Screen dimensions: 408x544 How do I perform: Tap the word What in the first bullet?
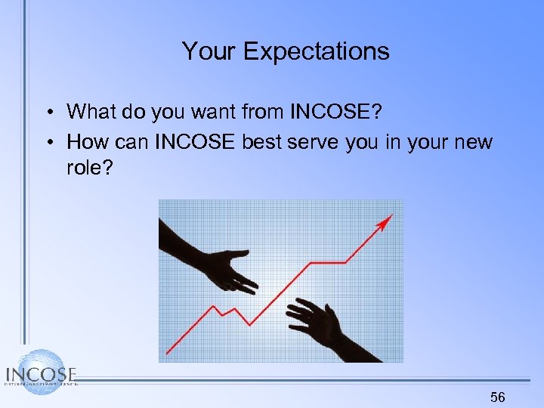pyautogui.click(x=91, y=113)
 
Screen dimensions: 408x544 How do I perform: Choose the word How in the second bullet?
pyautogui.click(x=85, y=141)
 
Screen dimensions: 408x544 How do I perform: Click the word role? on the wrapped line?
pyautogui.click(x=89, y=168)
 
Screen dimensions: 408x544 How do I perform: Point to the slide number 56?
pyautogui.click(x=497, y=397)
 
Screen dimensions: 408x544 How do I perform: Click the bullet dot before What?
pyautogui.click(x=48, y=113)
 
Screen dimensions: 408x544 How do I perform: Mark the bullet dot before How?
pyautogui.click(x=48, y=142)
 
